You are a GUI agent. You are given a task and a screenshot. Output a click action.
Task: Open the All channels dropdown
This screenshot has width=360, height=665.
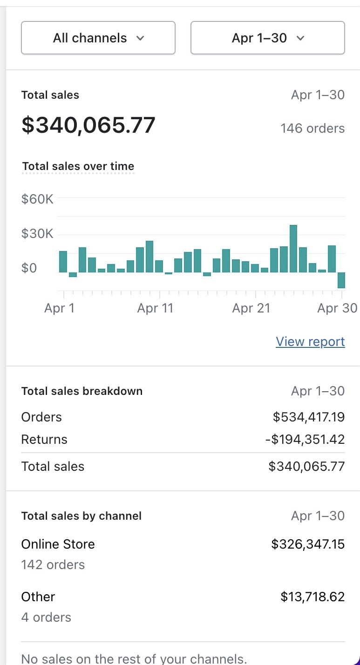[x=98, y=38]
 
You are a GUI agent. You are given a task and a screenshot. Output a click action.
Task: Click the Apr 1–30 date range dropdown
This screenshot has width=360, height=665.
[x=267, y=38]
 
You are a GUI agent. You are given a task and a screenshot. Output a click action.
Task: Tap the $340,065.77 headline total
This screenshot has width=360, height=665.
[x=88, y=125]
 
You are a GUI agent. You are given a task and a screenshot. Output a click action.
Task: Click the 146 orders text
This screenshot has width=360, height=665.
[x=312, y=129]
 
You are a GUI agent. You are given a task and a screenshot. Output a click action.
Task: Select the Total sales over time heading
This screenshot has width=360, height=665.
[x=78, y=166]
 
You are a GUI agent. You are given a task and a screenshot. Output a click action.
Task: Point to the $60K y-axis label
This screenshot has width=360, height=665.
[x=37, y=199]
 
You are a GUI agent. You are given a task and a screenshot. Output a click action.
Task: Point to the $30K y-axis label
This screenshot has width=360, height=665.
[x=37, y=234]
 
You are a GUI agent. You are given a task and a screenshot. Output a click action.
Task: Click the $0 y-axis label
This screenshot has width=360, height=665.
[x=29, y=268]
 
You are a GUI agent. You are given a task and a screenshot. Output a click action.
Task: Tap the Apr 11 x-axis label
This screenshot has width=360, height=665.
[x=155, y=308]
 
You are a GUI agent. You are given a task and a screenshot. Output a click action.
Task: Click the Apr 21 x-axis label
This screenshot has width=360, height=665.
[x=251, y=308]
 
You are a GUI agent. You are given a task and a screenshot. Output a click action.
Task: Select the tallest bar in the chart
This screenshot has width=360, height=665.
[x=293, y=249]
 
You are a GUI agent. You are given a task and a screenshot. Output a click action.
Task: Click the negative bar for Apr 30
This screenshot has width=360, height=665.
[x=341, y=280]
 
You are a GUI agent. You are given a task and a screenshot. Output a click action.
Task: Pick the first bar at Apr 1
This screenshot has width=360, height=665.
[x=63, y=262]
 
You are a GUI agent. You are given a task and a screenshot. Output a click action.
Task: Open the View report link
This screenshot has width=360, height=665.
[x=310, y=341]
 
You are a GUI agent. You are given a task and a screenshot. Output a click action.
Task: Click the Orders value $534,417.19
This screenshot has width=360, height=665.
[x=309, y=417]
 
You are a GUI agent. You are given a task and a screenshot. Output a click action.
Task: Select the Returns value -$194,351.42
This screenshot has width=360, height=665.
[x=305, y=439]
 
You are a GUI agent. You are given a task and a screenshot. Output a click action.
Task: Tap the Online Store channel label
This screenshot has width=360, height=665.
[x=58, y=544]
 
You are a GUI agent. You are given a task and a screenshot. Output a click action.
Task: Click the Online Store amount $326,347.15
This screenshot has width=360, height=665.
[x=308, y=544]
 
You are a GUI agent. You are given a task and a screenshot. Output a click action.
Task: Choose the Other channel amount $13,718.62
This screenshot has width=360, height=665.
[x=312, y=597]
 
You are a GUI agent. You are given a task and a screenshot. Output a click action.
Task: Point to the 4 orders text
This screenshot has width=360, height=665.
[x=46, y=617]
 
